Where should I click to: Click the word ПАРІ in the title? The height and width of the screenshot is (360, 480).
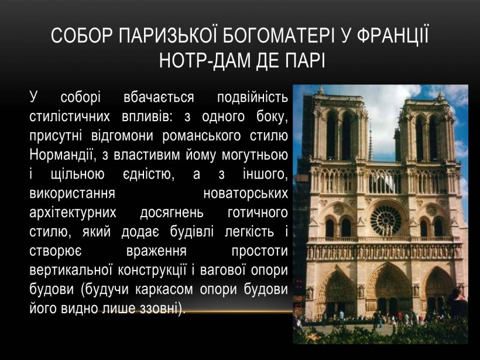click(301, 60)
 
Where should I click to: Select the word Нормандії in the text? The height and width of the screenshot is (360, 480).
click(64, 156)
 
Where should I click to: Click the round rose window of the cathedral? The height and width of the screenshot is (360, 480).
click(385, 219)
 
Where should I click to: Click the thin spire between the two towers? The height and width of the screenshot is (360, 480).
click(369, 140)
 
